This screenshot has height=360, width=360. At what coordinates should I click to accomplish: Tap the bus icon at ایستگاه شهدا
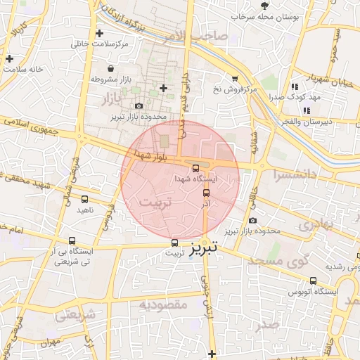point(195,168)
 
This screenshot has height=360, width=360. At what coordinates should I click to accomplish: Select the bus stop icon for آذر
point(206,193)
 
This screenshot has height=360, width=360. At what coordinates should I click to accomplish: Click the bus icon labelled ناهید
point(84,200)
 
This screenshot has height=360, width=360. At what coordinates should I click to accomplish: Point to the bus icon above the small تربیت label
point(174,243)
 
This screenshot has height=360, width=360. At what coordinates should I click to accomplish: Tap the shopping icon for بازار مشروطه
point(111,69)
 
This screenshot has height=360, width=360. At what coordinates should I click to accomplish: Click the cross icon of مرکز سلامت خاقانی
point(99,33)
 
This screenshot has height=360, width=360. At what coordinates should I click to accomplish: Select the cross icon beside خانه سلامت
point(8,58)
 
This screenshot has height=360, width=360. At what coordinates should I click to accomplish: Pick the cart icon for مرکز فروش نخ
point(234,79)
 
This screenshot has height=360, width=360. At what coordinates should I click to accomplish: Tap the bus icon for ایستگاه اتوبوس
point(313,281)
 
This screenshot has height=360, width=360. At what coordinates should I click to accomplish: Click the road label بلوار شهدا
point(151,154)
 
